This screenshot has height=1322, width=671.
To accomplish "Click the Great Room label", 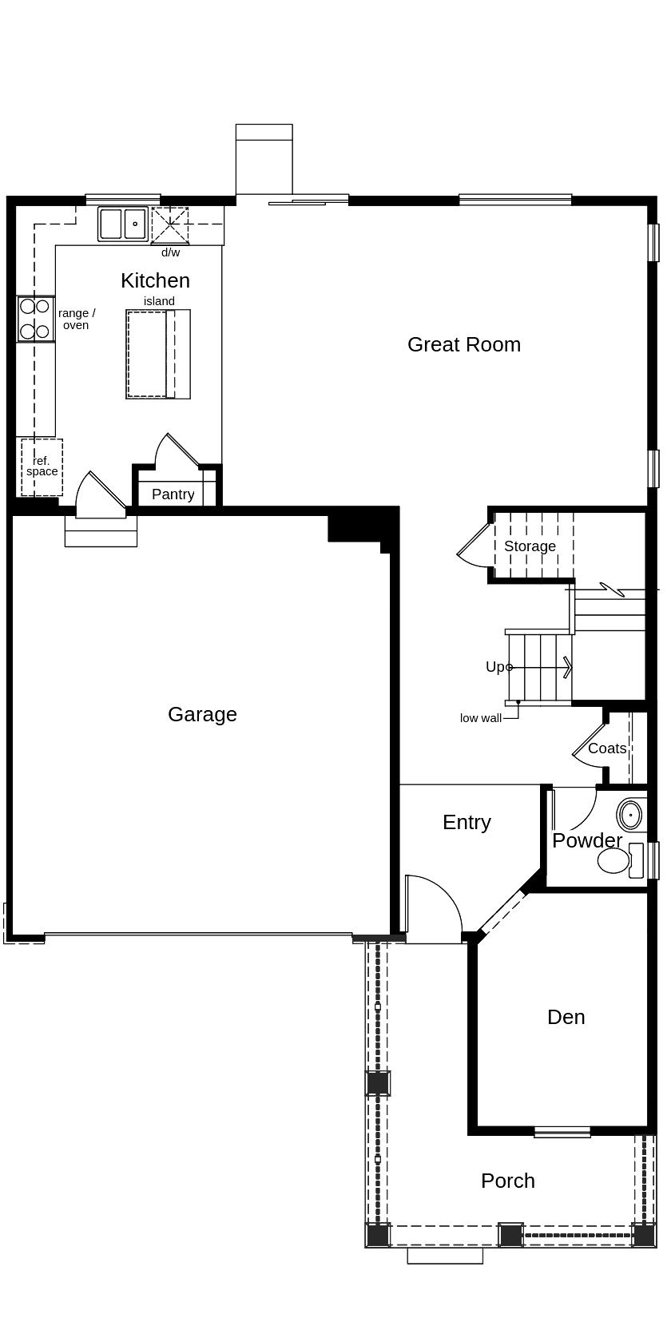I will [463, 344].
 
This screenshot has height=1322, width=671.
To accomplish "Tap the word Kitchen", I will [155, 280].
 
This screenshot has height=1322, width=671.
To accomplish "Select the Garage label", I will [202, 714].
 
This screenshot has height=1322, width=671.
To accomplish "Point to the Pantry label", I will [173, 494].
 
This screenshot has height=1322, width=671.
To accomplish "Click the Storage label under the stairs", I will [530, 546].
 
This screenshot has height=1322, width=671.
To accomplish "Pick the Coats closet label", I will [607, 748].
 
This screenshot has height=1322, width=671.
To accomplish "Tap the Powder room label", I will [586, 840].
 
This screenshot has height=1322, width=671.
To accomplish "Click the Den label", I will [566, 1017].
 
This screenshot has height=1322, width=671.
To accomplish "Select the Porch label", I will [507, 1181].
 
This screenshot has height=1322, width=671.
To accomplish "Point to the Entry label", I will [467, 822].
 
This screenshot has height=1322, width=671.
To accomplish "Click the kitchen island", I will [157, 354].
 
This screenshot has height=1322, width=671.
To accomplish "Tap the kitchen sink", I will [123, 224].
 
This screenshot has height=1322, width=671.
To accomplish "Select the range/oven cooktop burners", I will [35, 318].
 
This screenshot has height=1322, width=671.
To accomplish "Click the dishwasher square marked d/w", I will [170, 225].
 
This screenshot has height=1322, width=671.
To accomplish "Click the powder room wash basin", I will [630, 816].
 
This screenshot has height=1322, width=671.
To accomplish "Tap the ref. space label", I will [42, 466].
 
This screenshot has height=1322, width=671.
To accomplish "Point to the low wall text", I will [480, 718].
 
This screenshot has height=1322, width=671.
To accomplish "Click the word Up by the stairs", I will [495, 667].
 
